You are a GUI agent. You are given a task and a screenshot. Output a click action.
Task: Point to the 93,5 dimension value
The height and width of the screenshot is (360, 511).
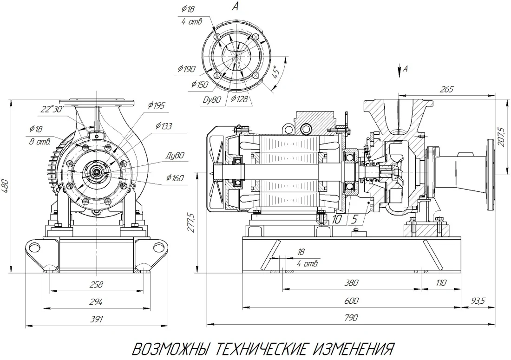coord(478,301)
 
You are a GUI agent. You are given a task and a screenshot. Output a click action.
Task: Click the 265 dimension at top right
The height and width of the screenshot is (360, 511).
coord(446,89)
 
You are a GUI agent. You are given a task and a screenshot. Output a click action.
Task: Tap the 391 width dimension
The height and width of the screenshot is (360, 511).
coord(96,319)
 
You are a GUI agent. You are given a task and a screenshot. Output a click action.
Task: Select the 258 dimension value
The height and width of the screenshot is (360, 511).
coord(96,284)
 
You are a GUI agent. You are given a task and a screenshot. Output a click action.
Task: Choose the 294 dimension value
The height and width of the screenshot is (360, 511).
coord(96,302)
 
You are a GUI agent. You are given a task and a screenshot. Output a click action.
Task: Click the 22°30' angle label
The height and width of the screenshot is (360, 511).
coord(52,110)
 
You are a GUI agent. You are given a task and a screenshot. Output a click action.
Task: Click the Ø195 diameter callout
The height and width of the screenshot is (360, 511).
coord(157,105)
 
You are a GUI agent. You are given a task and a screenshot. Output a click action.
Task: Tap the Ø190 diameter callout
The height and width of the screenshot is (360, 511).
coord(186,69)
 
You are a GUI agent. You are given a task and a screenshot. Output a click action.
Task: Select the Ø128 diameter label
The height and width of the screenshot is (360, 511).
coord(239,98)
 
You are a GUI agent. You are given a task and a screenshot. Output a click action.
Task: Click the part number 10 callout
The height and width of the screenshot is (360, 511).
coord(337,219)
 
